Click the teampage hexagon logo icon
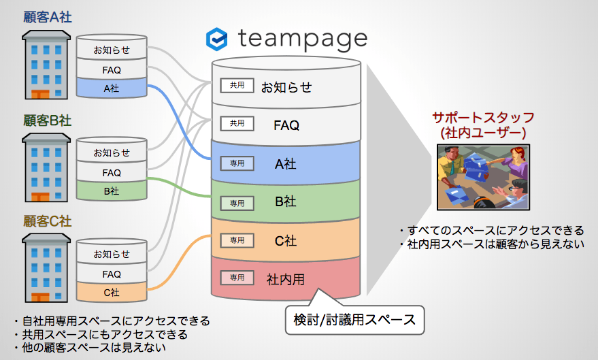216,39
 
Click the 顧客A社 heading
48,17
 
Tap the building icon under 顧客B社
46,167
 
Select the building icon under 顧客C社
46,268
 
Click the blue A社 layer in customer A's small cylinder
112,88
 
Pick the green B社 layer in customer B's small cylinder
112,191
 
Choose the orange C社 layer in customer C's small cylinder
112,292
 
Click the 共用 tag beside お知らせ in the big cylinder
237,86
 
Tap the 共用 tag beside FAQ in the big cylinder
237,124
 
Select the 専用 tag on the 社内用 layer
237,278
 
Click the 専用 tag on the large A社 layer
237,163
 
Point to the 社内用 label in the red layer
286,280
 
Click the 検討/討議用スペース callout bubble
354,320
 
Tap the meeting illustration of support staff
483,178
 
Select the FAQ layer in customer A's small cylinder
112,70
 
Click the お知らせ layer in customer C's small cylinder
112,254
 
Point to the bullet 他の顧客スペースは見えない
90,348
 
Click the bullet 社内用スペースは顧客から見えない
492,244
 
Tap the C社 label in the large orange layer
286,241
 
